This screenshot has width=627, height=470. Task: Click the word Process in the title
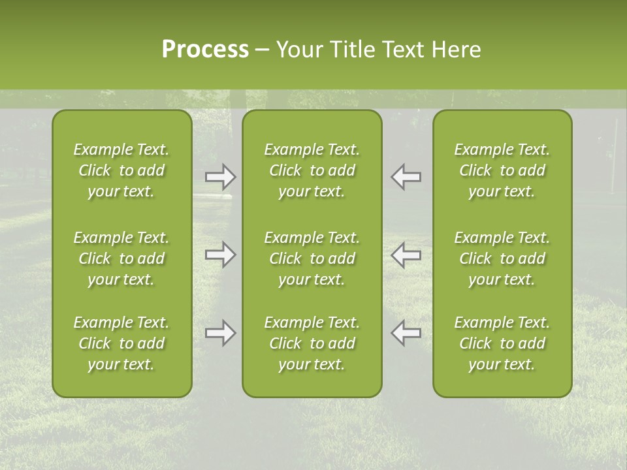click(205, 50)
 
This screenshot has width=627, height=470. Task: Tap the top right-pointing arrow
click(220, 177)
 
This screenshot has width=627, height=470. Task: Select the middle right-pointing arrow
click(220, 255)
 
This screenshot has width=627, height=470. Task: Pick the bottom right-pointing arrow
click(220, 333)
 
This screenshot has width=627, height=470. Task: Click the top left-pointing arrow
click(406, 177)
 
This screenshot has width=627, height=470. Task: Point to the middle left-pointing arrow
click(406, 255)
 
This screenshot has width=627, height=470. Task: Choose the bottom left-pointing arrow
click(406, 333)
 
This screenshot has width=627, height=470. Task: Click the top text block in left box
click(121, 170)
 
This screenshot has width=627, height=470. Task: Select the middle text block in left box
click(121, 258)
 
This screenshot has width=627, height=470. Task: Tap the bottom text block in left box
click(121, 343)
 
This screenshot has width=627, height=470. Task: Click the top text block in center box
click(312, 170)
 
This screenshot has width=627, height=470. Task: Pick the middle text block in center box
click(312, 258)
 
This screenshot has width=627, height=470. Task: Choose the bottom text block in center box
click(312, 343)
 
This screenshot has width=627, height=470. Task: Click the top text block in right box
click(502, 170)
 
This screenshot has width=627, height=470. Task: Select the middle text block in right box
click(502, 258)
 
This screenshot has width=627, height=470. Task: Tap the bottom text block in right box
click(502, 343)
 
